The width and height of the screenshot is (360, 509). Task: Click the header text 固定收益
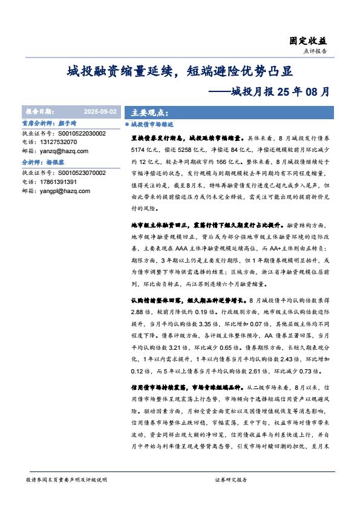tap(309, 41)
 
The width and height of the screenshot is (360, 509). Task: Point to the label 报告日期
tap(39, 113)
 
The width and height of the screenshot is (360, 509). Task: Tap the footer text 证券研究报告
tap(231, 479)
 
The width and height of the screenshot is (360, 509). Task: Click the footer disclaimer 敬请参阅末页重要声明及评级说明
tap(67, 479)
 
